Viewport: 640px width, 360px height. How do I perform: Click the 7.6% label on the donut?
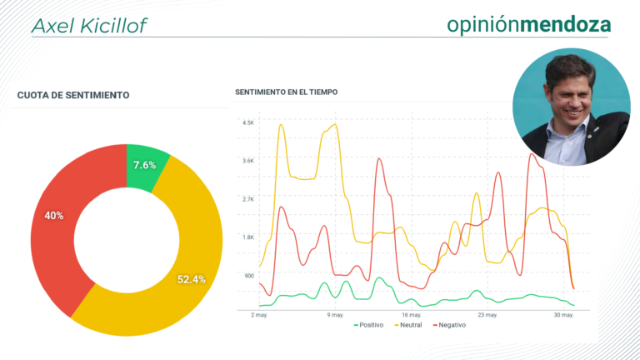(144, 165)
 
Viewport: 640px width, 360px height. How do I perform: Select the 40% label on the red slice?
(54, 216)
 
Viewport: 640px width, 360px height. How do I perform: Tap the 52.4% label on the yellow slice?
(192, 279)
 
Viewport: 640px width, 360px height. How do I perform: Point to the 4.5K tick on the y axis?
(248, 122)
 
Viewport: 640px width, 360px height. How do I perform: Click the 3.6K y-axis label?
(248, 161)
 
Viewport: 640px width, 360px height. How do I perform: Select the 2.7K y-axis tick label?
(248, 199)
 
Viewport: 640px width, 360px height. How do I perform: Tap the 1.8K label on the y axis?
(248, 237)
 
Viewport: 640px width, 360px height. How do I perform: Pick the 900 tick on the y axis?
(249, 276)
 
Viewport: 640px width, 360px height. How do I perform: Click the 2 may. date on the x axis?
(259, 315)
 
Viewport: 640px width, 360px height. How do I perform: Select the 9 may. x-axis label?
(335, 315)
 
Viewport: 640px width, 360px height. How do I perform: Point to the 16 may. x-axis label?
(412, 315)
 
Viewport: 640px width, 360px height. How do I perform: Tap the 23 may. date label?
(487, 315)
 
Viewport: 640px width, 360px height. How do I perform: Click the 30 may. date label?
(563, 315)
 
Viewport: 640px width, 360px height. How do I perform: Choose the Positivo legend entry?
(368, 325)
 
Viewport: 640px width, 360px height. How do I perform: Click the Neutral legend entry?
(408, 325)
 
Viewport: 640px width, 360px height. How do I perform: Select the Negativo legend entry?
(449, 325)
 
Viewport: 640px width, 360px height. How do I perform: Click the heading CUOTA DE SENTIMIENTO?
(73, 95)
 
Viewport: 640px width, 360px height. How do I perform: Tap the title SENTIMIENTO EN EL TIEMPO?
(286, 92)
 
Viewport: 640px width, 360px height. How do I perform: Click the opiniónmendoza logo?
(529, 24)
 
